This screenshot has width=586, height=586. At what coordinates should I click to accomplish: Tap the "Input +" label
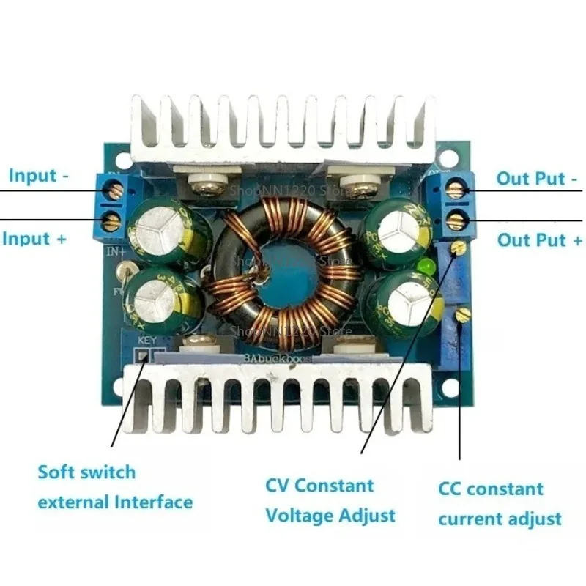(35, 238)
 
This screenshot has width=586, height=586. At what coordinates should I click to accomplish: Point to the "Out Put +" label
(541, 240)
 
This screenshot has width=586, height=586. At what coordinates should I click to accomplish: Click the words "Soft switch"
(86, 472)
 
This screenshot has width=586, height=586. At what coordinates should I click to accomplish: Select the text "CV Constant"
(319, 485)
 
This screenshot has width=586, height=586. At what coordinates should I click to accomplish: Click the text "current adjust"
(500, 519)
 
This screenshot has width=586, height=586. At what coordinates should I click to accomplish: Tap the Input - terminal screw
(114, 190)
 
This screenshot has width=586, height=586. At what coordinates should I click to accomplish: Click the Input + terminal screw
(112, 220)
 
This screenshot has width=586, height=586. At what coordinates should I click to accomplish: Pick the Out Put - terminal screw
(456, 190)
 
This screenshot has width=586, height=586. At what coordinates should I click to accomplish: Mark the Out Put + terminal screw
(456, 218)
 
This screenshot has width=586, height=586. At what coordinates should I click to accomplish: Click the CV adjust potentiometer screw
(459, 248)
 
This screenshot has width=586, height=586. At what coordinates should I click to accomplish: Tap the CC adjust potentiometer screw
(461, 315)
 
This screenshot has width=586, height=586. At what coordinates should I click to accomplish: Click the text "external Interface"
(115, 502)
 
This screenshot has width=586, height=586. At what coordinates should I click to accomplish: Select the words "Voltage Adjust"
(330, 515)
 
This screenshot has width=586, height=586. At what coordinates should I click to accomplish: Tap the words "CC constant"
(491, 489)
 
